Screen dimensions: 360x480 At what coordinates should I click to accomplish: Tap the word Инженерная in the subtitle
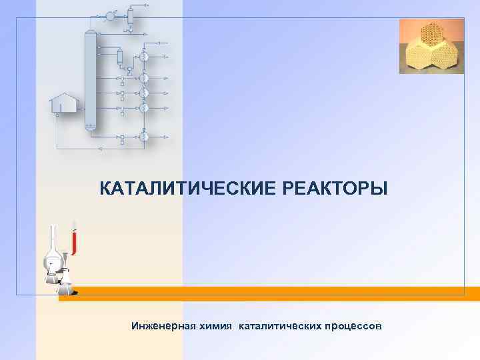point(163,327)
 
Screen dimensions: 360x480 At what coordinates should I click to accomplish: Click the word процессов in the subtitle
point(353,327)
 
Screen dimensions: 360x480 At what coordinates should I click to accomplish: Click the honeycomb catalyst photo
point(431,45)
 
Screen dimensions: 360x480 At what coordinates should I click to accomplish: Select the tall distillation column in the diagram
point(90,80)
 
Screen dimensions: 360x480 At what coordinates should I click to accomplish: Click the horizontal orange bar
point(267,294)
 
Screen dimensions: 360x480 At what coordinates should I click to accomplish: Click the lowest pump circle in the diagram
point(143,136)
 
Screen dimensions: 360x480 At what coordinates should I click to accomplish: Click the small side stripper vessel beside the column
point(120,56)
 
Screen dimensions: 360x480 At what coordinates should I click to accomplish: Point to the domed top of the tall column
point(90,33)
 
